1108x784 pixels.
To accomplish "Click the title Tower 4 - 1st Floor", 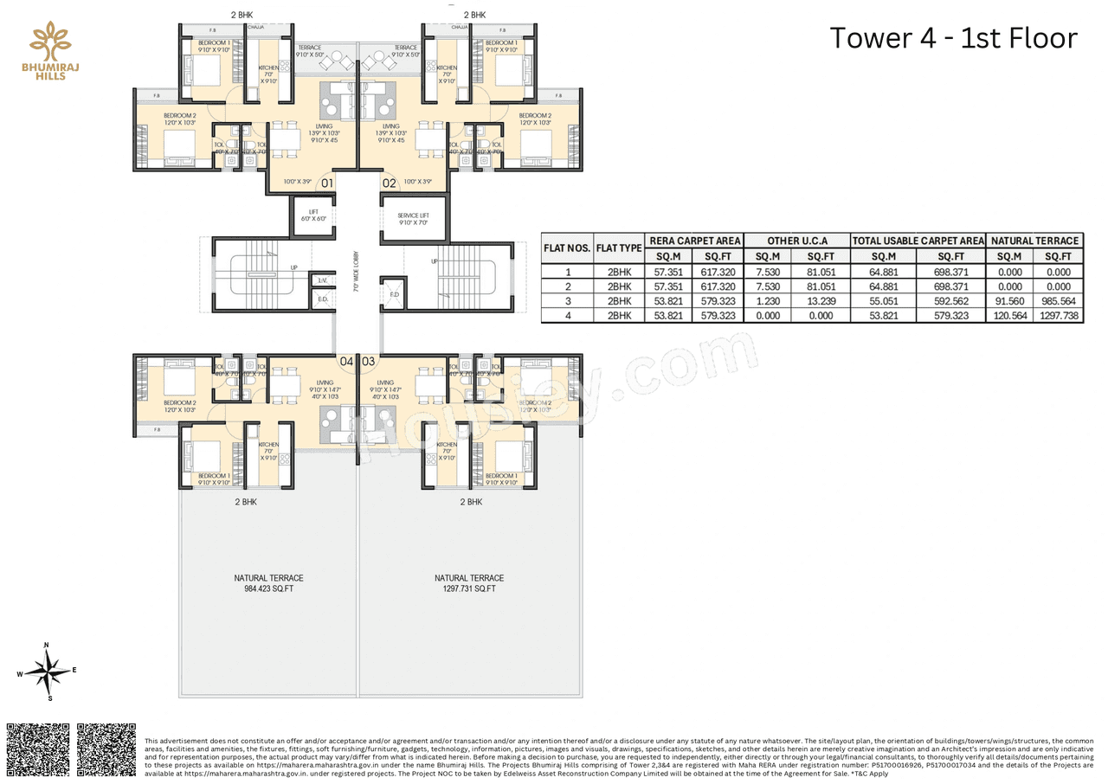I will click(953, 38).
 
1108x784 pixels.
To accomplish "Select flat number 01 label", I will click(327, 183).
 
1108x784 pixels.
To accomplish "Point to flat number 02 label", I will click(390, 183).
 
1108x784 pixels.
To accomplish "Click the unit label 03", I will click(369, 361).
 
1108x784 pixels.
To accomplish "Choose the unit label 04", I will click(346, 361).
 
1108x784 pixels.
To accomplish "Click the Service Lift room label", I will click(414, 218).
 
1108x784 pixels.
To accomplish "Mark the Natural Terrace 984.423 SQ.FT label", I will click(269, 583).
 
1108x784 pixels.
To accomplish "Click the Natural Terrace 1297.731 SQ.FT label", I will click(469, 583).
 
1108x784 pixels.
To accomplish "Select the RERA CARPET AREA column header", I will click(695, 241).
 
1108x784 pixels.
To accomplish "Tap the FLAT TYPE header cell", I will click(619, 248).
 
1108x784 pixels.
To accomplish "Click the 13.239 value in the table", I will click(821, 301).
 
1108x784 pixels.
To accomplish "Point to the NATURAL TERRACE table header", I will click(1035, 241).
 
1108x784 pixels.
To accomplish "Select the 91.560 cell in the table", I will click(1009, 301).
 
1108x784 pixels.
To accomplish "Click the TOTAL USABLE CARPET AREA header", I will click(918, 241).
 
